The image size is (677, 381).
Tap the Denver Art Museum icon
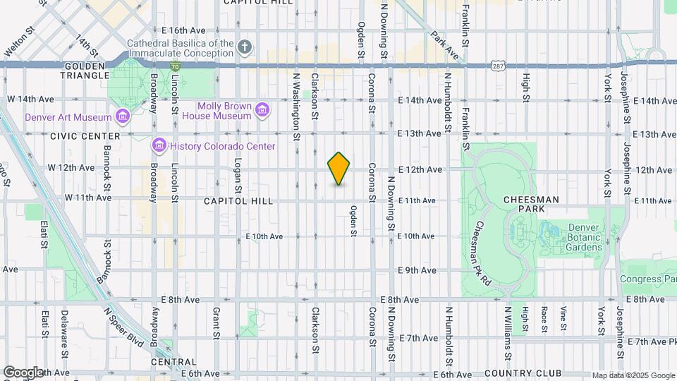pyautogui.click(x=123, y=116)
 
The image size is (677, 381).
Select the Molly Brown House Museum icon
pyautogui.click(x=262, y=109)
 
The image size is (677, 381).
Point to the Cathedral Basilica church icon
pyautogui.click(x=245, y=48)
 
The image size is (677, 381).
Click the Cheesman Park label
pyautogui.click(x=531, y=200)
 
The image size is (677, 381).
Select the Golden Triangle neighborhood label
pyautogui.click(x=85, y=70)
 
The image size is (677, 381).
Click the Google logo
pyautogui.click(x=23, y=373)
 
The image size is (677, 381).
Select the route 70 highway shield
pyautogui.click(x=174, y=66)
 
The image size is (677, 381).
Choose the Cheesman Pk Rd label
pyautogui.click(x=482, y=244)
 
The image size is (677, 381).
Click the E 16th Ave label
pyautogui.click(x=183, y=31)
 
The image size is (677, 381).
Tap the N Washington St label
pyautogui.click(x=297, y=106)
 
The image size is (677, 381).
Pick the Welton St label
pyautogui.click(x=19, y=42)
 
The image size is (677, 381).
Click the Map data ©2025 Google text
pyautogui.click(x=632, y=375)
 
